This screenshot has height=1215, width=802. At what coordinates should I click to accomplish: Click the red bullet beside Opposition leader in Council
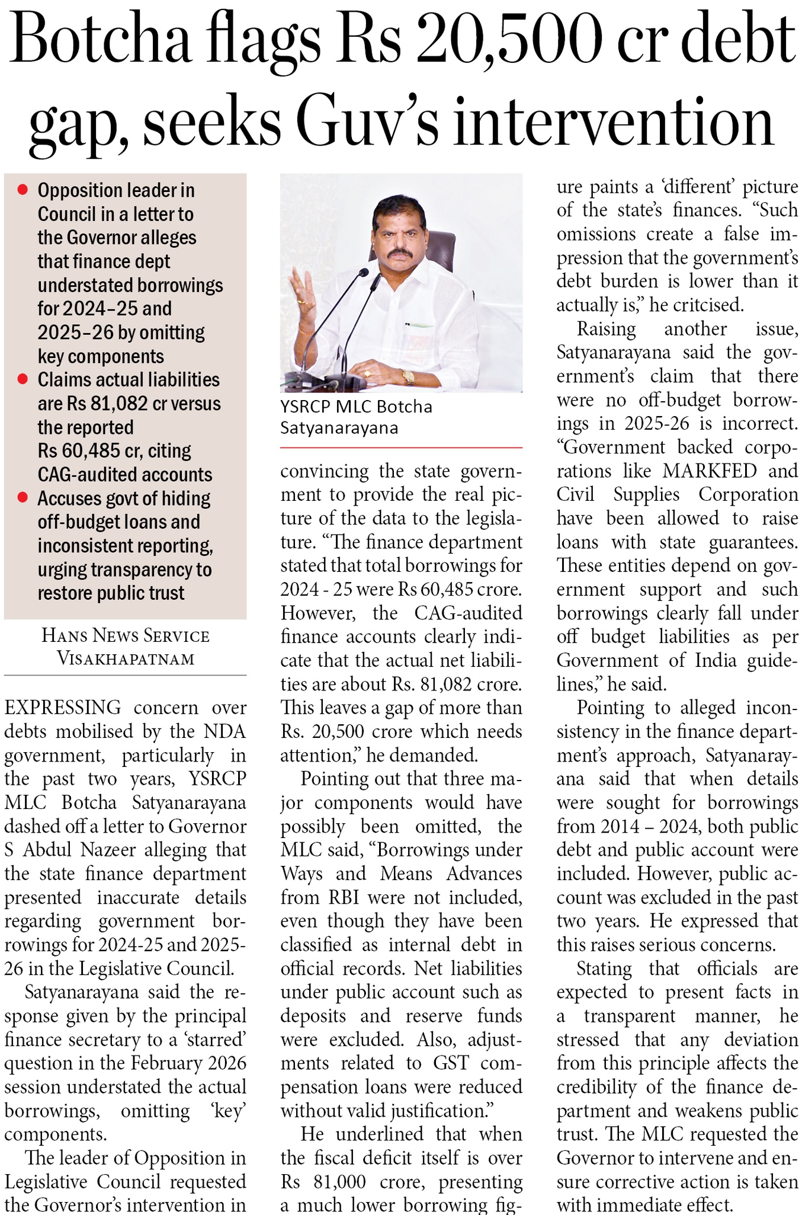coord(23,190)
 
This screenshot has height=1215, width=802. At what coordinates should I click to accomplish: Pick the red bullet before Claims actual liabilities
coord(23,379)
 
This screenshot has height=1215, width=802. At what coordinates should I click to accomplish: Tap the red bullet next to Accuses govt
coord(23,498)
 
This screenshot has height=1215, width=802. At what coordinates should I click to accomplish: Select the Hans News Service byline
coord(126,636)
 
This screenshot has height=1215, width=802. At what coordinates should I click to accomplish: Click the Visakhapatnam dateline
coord(126,658)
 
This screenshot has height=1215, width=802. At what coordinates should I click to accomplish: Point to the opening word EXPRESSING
coord(63,708)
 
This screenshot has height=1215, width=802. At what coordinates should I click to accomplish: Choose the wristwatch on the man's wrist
coord(408,377)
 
